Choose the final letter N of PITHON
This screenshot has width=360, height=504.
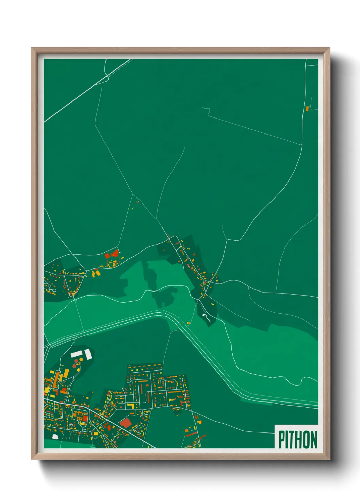314,440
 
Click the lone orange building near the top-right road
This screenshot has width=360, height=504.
307,109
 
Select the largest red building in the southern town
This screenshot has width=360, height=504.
126,423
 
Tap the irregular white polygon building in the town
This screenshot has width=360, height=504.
55,436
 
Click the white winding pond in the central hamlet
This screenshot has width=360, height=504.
206,318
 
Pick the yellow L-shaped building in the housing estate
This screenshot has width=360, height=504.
131,406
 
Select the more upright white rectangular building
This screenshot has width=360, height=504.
88,354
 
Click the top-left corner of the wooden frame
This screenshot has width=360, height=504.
32,48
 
